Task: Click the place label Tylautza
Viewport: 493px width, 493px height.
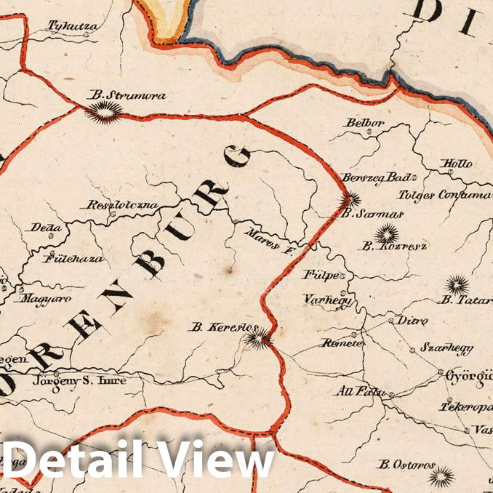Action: point(73,27)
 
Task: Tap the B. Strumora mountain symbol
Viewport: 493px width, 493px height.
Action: point(104,112)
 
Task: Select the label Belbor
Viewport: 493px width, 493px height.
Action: point(364,123)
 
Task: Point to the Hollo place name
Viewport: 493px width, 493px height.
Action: point(457,164)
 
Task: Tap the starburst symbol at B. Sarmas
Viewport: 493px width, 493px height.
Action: point(350,199)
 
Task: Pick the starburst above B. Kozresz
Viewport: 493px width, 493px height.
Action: point(386,233)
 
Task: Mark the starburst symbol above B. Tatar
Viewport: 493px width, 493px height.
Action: point(457,284)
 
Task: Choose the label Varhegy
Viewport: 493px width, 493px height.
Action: point(327,300)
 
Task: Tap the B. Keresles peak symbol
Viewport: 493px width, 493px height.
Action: point(259,337)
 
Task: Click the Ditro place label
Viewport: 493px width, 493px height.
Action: point(412,321)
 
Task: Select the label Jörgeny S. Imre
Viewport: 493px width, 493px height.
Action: point(79,380)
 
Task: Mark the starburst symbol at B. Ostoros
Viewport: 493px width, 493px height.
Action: point(440,476)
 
